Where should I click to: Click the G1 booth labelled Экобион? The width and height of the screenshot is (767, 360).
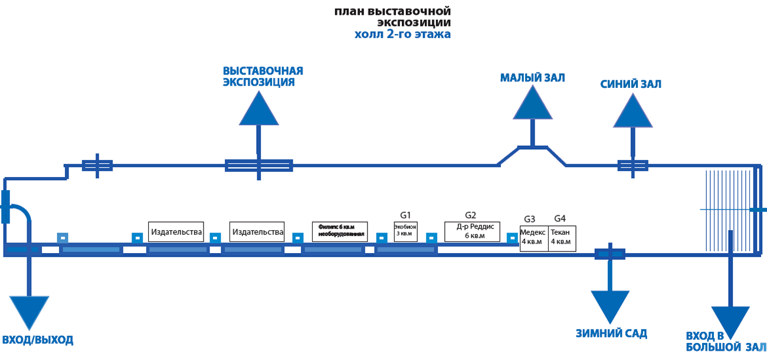(405, 231)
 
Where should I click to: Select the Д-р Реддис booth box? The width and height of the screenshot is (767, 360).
(473, 231)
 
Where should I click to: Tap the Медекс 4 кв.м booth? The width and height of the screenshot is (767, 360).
(534, 238)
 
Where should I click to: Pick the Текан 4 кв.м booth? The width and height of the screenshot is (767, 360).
(562, 238)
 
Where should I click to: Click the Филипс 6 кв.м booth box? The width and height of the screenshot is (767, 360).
(340, 231)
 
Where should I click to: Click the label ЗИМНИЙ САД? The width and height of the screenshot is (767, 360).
(611, 333)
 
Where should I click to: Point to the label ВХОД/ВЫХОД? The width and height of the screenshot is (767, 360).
(38, 340)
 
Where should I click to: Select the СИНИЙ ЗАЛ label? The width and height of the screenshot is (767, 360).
(630, 84)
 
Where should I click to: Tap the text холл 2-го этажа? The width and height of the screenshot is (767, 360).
(402, 34)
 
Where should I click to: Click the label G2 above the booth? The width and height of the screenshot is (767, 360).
(470, 215)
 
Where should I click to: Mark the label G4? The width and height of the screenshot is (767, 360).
(559, 218)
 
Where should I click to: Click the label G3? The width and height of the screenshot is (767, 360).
(530, 218)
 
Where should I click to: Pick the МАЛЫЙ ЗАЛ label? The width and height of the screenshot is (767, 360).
(533, 78)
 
